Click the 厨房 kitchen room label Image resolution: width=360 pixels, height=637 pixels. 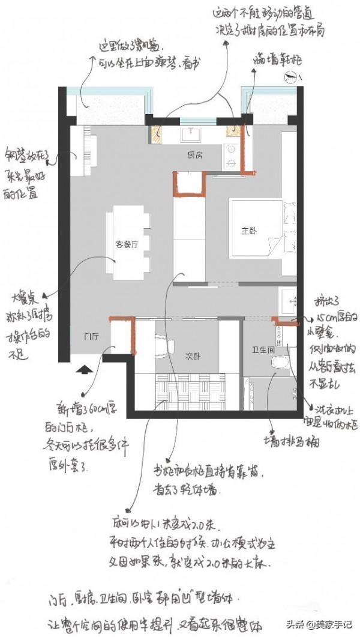194,155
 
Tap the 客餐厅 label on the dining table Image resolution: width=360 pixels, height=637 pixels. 127,244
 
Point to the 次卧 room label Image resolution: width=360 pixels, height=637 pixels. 193,356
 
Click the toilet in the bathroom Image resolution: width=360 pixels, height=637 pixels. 280,363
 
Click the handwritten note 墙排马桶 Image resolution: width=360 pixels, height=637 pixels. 293,442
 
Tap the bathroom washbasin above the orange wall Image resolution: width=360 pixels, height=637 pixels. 290,298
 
